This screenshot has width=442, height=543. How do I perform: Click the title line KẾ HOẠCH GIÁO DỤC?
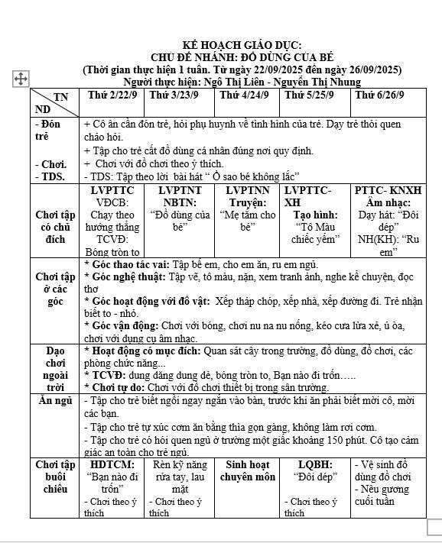pyautogui.click(x=242, y=46)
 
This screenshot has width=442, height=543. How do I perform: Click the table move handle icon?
pyautogui.click(x=21, y=78)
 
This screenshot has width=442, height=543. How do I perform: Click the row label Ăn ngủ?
pyautogui.click(x=55, y=400)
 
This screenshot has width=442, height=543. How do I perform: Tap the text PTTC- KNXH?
pyautogui.click(x=388, y=190)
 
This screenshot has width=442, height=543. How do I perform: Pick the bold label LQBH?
pyautogui.click(x=316, y=464)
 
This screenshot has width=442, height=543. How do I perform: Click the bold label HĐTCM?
pyautogui.click(x=112, y=464)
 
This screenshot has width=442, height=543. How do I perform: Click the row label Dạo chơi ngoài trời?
pyautogui.click(x=55, y=369)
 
